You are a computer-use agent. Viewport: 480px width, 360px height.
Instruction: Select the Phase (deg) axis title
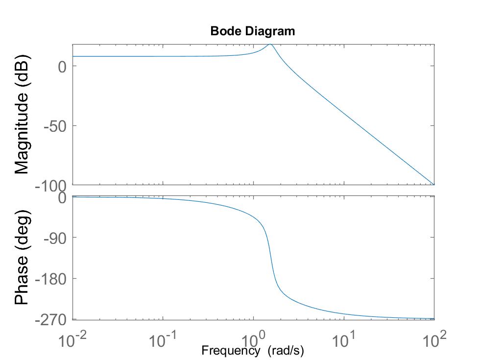[22, 258]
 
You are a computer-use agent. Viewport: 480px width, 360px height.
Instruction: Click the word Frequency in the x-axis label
[230, 351]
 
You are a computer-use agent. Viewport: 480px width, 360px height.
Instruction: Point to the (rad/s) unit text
[286, 351]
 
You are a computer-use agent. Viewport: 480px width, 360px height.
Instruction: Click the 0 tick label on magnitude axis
[62, 66]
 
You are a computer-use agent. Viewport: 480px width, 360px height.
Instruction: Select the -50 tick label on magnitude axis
[55, 126]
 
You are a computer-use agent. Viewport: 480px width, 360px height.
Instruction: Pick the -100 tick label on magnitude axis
[51, 187]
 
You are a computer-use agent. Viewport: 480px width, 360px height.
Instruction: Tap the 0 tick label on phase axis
[62, 198]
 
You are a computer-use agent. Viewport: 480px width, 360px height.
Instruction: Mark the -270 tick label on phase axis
[51, 320]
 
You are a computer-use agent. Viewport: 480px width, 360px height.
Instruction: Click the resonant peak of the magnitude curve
[269, 45]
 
